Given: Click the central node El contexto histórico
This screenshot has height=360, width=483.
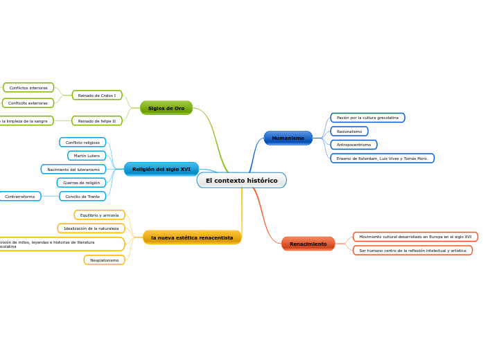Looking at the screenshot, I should tap(241, 181).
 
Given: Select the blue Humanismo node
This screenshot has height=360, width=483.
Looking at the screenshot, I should tap(288, 138).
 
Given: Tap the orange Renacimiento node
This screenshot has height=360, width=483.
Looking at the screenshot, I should tap(308, 244).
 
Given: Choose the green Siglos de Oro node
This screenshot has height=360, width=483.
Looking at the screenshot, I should tap(166, 108).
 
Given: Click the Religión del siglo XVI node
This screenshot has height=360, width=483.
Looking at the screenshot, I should tap(161, 169).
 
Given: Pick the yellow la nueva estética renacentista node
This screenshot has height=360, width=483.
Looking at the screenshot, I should tap(192, 237).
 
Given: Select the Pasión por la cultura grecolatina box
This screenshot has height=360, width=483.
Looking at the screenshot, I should tap(367, 118).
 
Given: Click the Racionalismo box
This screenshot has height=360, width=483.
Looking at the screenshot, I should tap(349, 131).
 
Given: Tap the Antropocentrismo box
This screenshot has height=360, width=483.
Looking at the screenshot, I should tap(353, 145).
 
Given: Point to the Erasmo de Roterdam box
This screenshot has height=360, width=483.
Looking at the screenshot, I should tap(382, 159).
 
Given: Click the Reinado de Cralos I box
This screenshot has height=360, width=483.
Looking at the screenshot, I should tap(97, 95).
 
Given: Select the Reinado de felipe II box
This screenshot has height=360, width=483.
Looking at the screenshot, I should tap(97, 120).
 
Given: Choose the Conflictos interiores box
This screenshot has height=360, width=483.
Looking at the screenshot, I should tap(28, 88).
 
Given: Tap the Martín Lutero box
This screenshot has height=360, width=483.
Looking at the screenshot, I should tap(87, 156).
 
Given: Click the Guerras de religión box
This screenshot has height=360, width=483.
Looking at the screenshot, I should tap(82, 183).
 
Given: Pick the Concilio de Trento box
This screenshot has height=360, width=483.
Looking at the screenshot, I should tap(82, 197).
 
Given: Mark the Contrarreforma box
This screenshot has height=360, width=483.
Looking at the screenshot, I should tap(19, 197).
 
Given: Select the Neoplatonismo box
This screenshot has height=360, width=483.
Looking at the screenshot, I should tap(105, 260).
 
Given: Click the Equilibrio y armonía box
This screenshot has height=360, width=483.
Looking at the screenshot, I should tap(100, 215).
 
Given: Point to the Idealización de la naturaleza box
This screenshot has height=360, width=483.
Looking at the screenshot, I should tap(91, 228).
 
